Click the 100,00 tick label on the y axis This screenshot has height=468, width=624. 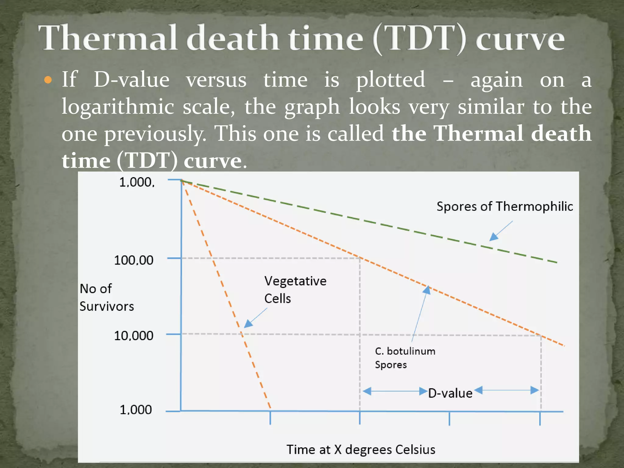pos(134,260)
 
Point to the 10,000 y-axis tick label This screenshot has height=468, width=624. pos(134,336)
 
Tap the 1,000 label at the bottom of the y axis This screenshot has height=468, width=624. pos(136,410)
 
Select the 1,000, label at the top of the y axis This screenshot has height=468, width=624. pos(137,182)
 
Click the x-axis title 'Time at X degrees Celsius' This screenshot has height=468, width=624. pos(361,450)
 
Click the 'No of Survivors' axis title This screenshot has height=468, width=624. pos(106,297)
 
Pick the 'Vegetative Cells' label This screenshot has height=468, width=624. pos(295,289)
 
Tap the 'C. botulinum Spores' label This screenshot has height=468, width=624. pos(405,358)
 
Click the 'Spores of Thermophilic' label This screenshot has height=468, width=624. pos(505,207)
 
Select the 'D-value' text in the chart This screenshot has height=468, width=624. pos(450,393)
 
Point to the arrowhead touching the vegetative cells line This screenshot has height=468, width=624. pos(248,324)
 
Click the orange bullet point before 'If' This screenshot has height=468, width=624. pos(48,80)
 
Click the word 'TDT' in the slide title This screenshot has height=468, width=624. pos(420,38)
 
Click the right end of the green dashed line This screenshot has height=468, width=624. pos(556,262)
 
